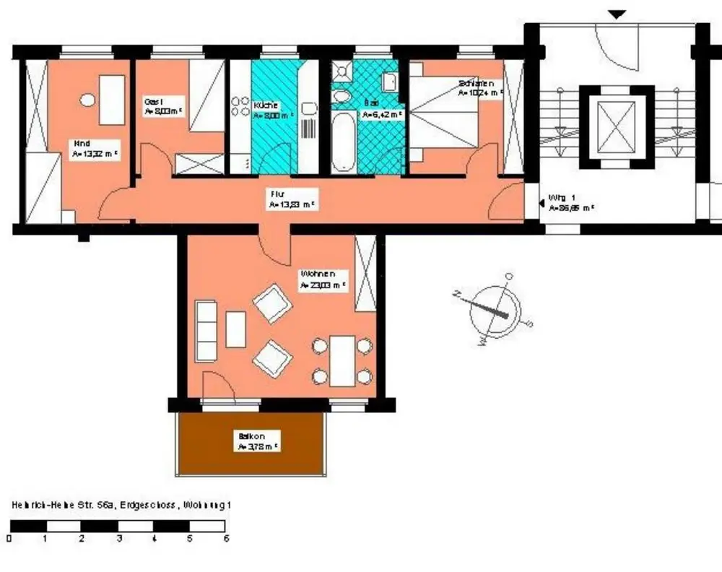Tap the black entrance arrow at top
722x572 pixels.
click(x=617, y=14)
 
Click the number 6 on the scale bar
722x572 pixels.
click(x=226, y=539)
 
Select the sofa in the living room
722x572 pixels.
click(x=206, y=331)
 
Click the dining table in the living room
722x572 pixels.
click(x=342, y=360)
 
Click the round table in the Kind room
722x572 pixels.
click(x=88, y=100)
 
